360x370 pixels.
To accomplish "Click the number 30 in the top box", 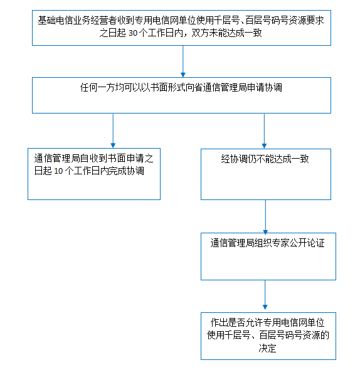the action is click(133, 33).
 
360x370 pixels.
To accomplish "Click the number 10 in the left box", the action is click(58, 171).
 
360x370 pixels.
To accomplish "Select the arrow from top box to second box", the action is click(183, 61).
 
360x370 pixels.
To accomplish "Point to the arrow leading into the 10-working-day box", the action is click(113, 130).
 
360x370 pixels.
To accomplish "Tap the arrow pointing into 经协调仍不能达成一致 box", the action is click(264, 131).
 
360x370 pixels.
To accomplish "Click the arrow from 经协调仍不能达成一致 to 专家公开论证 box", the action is click(265, 217).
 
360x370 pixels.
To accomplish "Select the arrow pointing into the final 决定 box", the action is click(265, 295).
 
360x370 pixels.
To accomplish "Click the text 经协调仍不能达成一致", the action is click(265, 159).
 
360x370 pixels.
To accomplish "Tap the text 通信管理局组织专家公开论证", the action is click(267, 243).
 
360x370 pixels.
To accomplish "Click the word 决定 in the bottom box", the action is click(267, 348).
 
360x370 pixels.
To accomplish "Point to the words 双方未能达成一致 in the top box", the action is click(226, 33).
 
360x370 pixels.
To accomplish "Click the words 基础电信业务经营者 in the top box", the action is click(77, 20).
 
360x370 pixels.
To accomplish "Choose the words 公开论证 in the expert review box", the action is click(307, 243).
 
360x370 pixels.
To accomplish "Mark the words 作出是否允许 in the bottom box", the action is click(232, 322).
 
